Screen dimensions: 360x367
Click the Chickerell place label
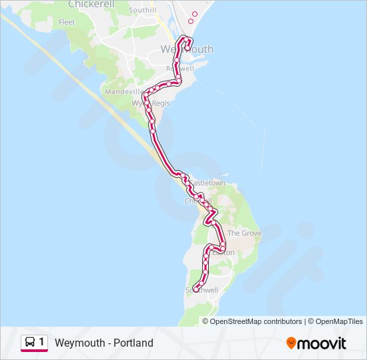click(91, 5)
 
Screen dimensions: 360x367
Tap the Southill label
click(142, 11)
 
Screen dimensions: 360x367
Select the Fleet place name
click(67, 22)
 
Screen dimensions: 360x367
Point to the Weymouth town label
click(187, 49)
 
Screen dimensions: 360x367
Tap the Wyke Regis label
click(151, 103)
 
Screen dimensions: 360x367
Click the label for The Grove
click(244, 233)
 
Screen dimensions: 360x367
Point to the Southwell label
click(202, 291)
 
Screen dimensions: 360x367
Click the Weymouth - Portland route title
click(104, 343)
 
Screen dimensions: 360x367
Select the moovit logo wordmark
click(322, 343)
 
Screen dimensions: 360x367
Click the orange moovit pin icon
click(291, 343)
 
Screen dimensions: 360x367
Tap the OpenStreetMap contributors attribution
click(256, 321)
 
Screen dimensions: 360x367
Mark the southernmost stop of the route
click(195, 289)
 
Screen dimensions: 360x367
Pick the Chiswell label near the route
click(198, 201)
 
